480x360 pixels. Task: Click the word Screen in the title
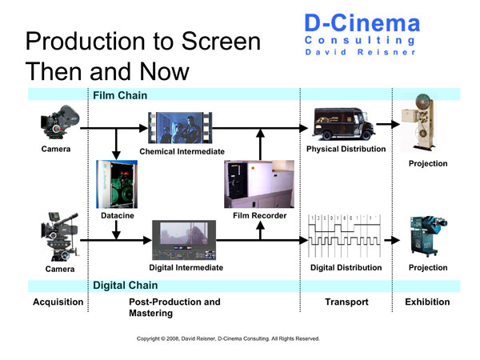tap(221, 41)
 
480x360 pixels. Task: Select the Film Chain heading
tap(120, 95)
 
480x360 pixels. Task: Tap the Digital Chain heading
tap(126, 286)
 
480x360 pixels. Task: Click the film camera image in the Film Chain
tap(60, 122)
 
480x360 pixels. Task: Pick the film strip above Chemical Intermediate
tap(180, 128)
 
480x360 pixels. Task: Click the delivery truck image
tap(343, 123)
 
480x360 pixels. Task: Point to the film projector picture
tap(418, 122)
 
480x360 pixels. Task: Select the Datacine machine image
tap(117, 184)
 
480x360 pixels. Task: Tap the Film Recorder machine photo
tap(259, 184)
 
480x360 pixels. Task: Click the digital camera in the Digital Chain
tap(60, 237)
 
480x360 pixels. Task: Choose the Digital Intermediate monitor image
tap(184, 240)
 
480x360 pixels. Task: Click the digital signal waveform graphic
tap(344, 236)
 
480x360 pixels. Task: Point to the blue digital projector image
tap(429, 236)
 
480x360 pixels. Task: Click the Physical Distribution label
tap(346, 149)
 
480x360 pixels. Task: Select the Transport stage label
tap(346, 302)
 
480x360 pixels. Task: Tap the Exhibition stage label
tap(427, 302)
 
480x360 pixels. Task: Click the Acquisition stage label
tap(58, 302)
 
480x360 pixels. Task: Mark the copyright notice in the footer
tap(228, 338)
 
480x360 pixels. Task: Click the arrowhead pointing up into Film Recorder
tap(260, 226)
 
